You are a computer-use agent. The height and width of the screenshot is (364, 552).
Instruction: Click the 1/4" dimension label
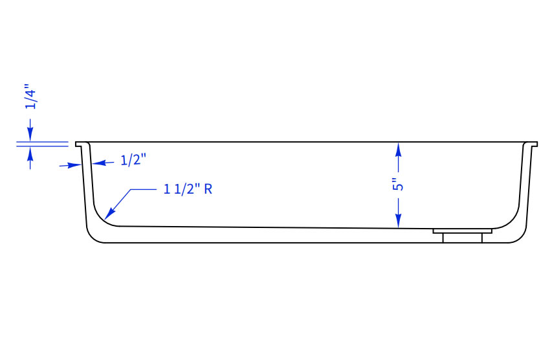[30, 97]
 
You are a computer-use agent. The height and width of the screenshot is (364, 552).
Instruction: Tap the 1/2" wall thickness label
[133, 160]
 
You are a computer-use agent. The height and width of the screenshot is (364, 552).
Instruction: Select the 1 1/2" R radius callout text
[188, 189]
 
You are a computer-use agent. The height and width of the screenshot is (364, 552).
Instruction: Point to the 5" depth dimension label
[398, 185]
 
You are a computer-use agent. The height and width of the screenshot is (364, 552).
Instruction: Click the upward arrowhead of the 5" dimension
[398, 150]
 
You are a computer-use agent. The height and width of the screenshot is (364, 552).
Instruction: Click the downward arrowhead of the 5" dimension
[398, 221]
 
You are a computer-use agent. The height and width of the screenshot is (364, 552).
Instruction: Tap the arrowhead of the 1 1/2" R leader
[110, 214]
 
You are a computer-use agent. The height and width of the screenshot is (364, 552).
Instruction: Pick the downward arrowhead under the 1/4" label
[30, 135]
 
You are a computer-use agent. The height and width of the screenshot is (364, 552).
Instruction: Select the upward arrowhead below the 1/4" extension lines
[30, 153]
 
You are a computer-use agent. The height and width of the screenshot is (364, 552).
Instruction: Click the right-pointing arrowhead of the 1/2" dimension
[75, 165]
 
